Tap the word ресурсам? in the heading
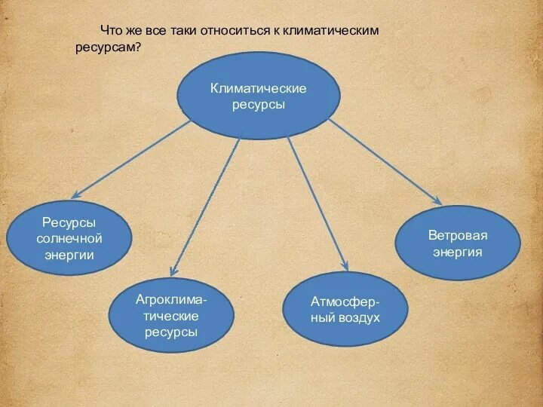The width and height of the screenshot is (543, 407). pyautogui.click(x=108, y=47)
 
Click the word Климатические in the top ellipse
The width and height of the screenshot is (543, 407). pyautogui.click(x=258, y=89)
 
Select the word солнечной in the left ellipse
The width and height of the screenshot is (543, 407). pyautogui.click(x=69, y=238)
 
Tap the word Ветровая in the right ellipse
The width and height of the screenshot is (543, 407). pyautogui.click(x=458, y=235)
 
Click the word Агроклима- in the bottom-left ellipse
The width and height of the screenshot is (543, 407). pyautogui.click(x=171, y=299)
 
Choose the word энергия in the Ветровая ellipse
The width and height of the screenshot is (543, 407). pyautogui.click(x=458, y=252)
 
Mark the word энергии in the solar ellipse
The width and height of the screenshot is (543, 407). pyautogui.click(x=69, y=255)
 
